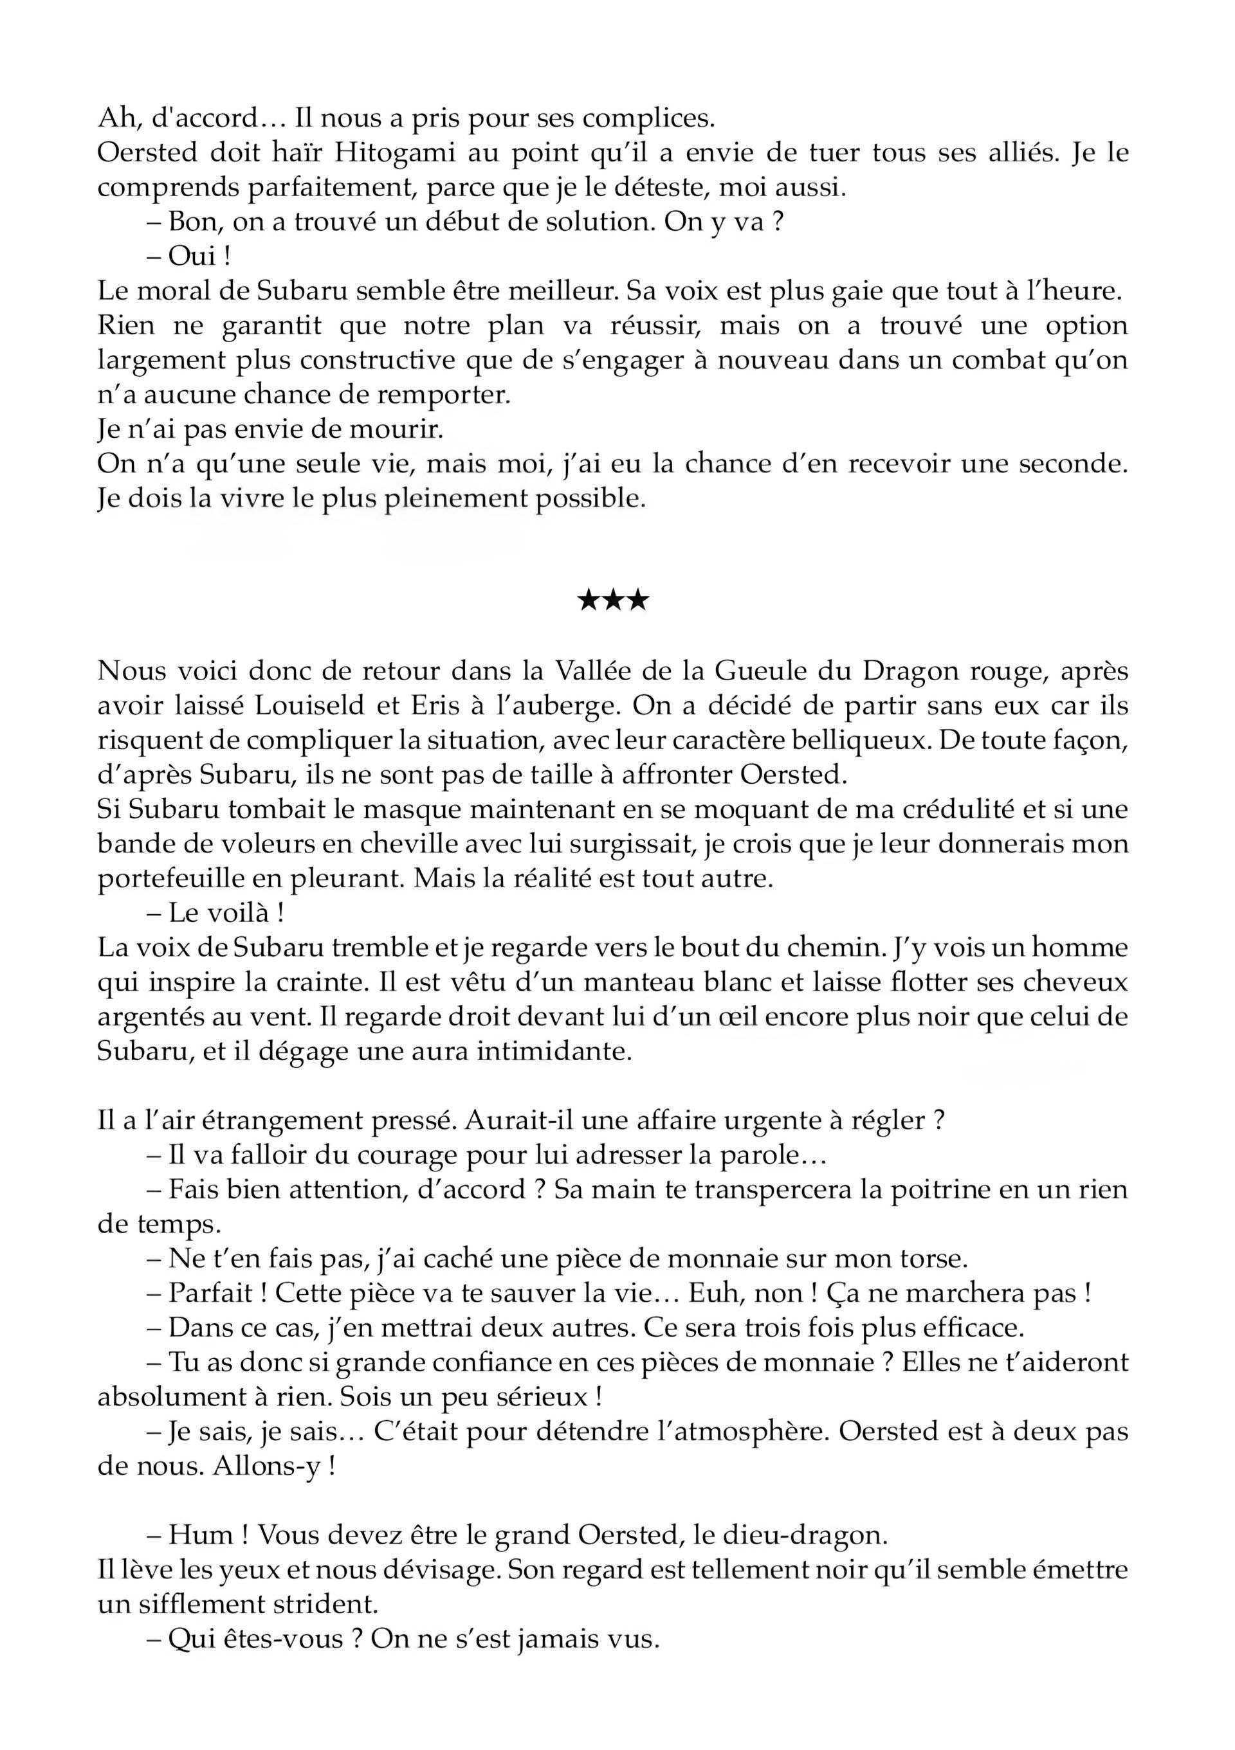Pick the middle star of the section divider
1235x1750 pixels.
[x=614, y=601]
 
